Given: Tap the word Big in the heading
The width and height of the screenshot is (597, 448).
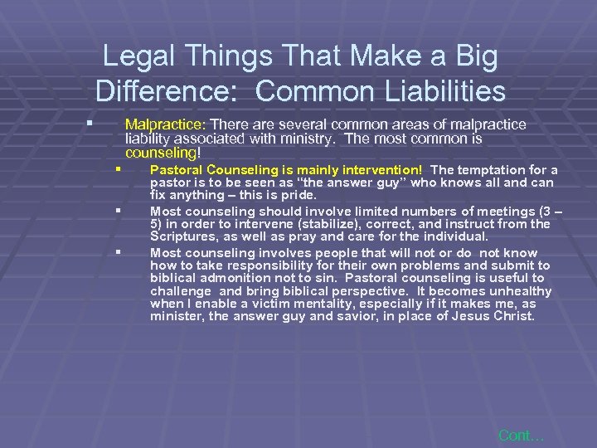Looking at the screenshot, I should click(x=473, y=56).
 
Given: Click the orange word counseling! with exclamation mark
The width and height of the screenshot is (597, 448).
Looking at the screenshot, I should click(x=163, y=153).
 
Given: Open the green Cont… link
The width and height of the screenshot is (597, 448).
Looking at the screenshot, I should click(x=521, y=435).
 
